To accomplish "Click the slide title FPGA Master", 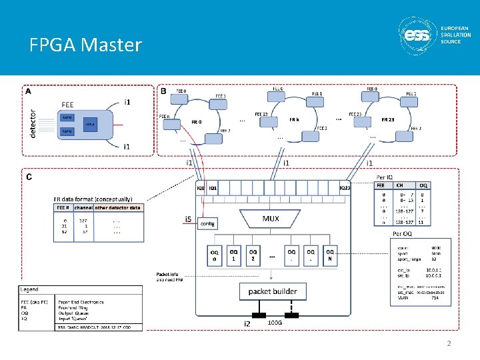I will [x=85, y=45].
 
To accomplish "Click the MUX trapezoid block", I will [x=271, y=219].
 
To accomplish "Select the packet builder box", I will [x=273, y=291].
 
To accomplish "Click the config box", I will [x=207, y=224].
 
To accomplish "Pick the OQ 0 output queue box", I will [x=215, y=255].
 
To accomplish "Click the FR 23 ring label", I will [x=387, y=119].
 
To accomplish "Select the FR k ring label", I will [x=293, y=119].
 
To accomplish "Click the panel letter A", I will [x=27, y=92].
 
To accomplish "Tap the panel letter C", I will [x=29, y=177].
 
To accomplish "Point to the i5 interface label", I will [x=189, y=218].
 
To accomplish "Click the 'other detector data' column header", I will [x=117, y=208].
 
